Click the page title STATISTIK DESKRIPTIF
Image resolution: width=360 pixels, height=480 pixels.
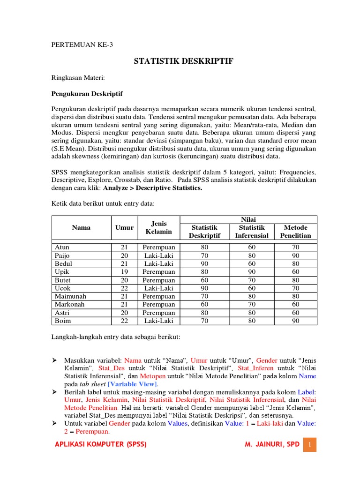click(x=184, y=61)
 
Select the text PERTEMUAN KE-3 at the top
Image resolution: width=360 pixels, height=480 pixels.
click(x=82, y=45)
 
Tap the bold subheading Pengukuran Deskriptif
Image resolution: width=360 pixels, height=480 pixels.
click(x=87, y=93)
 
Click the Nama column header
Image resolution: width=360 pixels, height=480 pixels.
click(x=81, y=227)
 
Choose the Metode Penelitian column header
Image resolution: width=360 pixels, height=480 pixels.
click(x=295, y=232)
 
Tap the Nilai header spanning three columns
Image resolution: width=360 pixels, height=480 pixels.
click(x=248, y=219)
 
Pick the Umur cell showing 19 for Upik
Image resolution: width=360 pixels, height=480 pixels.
click(x=124, y=272)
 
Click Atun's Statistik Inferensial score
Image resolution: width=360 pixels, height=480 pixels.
click(x=252, y=247)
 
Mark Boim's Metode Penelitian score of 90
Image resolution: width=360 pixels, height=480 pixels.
click(x=295, y=321)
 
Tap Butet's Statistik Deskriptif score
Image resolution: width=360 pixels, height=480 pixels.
click(x=204, y=280)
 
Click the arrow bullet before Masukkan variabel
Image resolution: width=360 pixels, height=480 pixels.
click(x=54, y=360)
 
